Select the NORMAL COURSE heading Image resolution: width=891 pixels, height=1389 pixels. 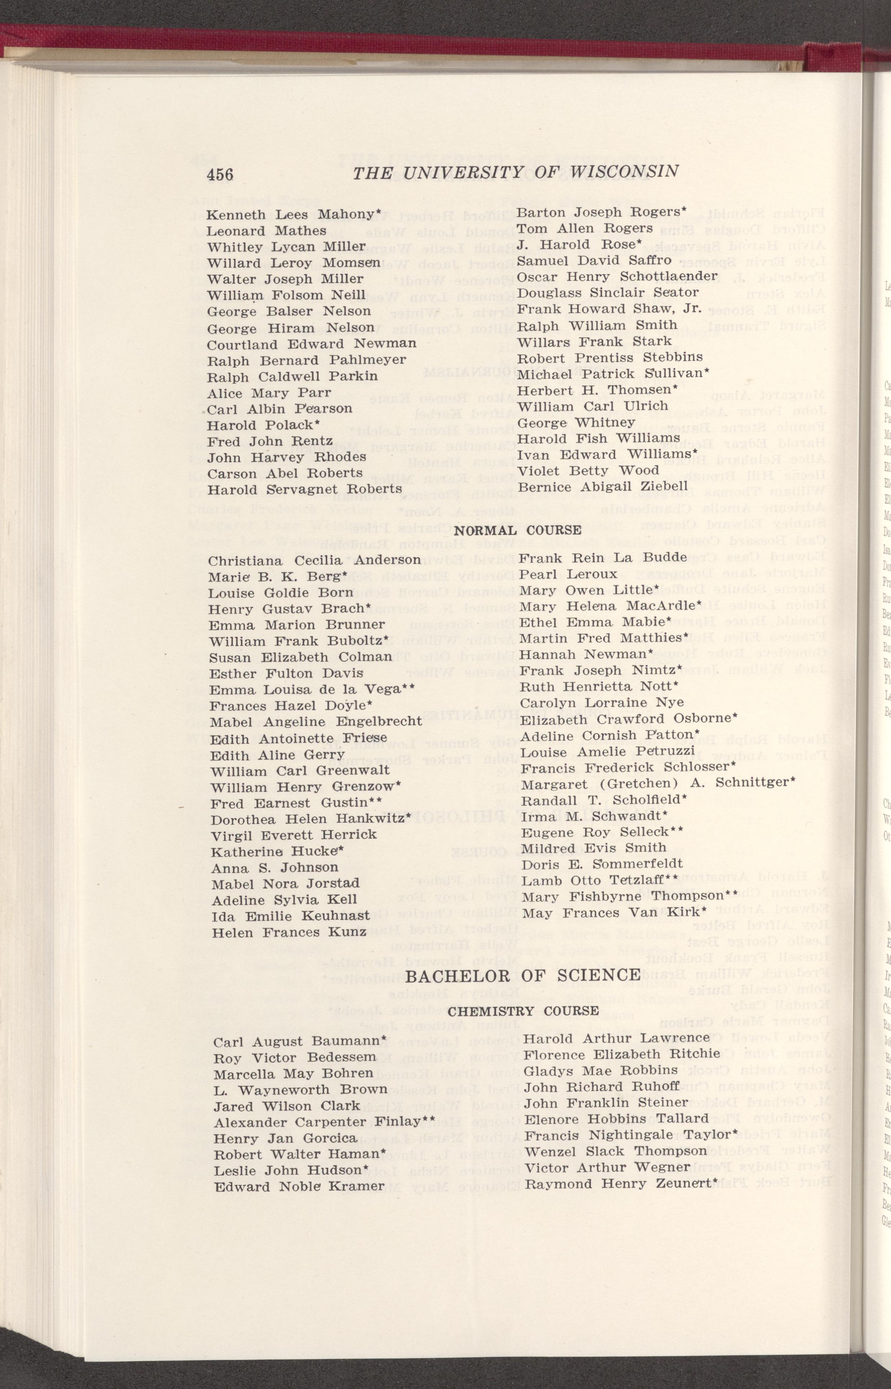pyautogui.click(x=517, y=530)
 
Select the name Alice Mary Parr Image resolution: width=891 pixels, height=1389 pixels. pyautogui.click(x=269, y=393)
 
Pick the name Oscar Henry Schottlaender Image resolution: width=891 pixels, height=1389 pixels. pyautogui.click(x=617, y=277)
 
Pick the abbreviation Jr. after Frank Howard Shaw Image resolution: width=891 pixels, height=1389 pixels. pyautogui.click(x=692, y=309)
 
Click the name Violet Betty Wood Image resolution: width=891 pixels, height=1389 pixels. pyautogui.click(x=588, y=470)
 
